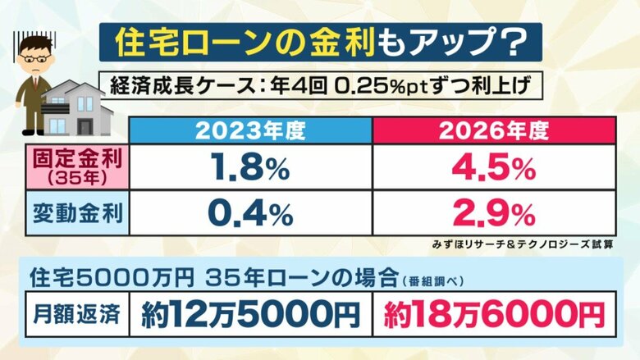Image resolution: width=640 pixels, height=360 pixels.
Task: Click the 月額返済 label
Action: click(71, 312)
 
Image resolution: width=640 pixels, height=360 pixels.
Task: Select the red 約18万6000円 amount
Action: click(491, 312)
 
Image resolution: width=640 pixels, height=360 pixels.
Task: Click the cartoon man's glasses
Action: click(34, 60)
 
